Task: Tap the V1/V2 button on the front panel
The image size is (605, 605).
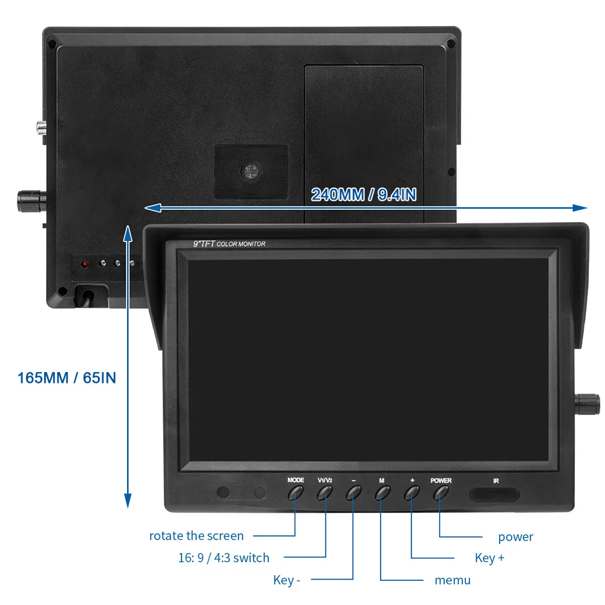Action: (325, 492)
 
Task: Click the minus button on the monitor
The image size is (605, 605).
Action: (354, 492)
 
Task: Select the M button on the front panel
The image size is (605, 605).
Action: (382, 492)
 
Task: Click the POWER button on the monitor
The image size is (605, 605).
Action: (441, 492)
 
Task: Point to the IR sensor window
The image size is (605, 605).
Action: (495, 494)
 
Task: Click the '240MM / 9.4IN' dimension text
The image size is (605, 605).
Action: (364, 194)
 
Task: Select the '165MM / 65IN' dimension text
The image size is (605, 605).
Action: (67, 378)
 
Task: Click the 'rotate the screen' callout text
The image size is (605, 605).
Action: (196, 535)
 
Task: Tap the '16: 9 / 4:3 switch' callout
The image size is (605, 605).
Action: (223, 558)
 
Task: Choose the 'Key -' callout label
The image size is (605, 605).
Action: (287, 580)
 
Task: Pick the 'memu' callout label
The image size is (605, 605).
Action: (453, 580)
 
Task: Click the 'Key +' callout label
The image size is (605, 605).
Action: (489, 558)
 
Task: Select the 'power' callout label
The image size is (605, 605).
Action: (515, 537)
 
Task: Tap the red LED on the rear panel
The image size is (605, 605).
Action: (85, 264)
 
